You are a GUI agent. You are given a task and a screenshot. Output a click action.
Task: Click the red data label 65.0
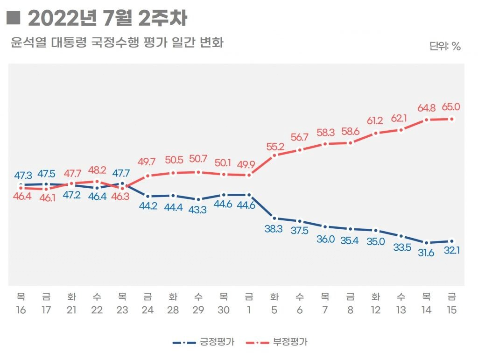(451, 107)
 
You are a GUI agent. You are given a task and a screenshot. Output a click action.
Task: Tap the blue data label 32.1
(451, 251)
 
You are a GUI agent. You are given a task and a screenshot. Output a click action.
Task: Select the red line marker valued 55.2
(274, 155)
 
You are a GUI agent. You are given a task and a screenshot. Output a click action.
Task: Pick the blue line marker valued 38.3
(274, 218)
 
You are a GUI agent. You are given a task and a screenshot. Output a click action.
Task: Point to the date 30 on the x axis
(224, 310)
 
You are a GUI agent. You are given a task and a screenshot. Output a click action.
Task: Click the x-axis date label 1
(249, 310)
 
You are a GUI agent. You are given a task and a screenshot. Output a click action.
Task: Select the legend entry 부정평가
(290, 342)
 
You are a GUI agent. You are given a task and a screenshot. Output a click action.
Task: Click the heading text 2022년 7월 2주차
(107, 19)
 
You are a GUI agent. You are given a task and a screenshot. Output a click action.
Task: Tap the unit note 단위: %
(445, 46)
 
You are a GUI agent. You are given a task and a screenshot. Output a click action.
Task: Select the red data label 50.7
(198, 159)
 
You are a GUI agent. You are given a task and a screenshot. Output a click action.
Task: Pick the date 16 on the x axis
(21, 310)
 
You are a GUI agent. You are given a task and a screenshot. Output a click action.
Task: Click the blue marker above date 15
(452, 241)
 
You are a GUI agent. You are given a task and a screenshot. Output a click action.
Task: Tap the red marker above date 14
(426, 120)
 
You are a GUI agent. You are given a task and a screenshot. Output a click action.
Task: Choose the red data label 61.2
(375, 121)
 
